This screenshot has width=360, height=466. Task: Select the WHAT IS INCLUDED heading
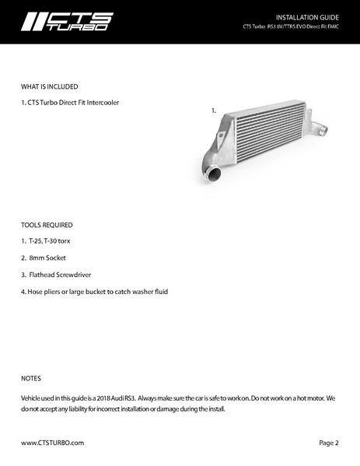[50, 86]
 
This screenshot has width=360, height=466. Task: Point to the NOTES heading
[31, 379]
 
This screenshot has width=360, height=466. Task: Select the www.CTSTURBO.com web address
[52, 443]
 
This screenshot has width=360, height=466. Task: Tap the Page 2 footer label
[329, 443]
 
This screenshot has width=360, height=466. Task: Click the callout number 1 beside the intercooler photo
[213, 111]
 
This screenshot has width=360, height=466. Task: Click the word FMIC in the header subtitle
[332, 26]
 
